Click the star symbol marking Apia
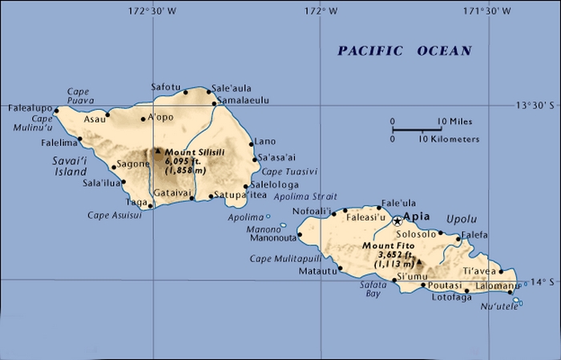click(397, 220)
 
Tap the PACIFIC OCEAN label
click(405, 51)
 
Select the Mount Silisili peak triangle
click(158, 150)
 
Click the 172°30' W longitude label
click(152, 10)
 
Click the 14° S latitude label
click(543, 281)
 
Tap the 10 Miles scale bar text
click(454, 122)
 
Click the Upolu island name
click(462, 219)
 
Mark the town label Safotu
click(167, 87)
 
